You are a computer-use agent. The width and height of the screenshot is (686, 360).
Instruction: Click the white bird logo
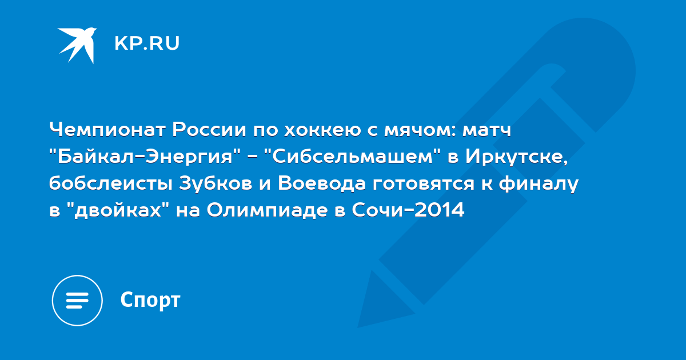(77, 45)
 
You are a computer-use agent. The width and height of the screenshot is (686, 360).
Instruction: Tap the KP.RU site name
(147, 43)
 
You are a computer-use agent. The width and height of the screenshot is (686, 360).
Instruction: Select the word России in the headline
(209, 129)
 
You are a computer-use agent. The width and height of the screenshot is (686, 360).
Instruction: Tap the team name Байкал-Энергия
(145, 157)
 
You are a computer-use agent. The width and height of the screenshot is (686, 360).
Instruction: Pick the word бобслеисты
(110, 183)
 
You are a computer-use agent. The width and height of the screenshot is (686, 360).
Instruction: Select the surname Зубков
(216, 183)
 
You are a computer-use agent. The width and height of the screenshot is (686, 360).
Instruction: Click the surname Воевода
(321, 183)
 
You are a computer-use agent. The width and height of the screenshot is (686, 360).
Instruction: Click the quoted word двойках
(118, 211)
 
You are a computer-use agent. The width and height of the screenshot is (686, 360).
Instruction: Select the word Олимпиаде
(267, 211)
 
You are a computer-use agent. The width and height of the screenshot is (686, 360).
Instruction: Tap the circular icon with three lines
(77, 301)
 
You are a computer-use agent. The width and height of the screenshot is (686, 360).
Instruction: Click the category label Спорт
(150, 301)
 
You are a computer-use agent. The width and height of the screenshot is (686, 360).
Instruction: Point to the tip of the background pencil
(358, 327)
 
